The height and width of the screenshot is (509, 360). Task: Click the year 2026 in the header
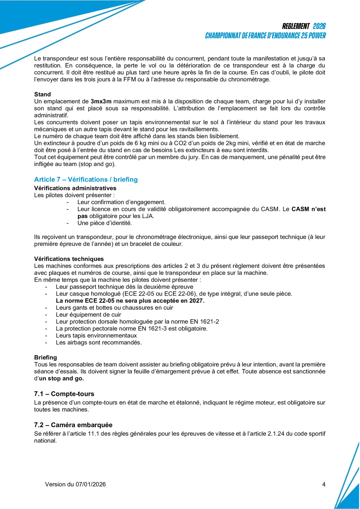(319, 26)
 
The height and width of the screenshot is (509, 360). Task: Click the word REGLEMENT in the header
(296, 26)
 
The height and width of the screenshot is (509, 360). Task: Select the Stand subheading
(42, 94)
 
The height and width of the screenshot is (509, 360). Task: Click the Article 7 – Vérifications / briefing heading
(86, 179)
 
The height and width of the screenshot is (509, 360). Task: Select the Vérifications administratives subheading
(75, 188)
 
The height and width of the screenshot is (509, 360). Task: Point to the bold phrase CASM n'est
(309, 209)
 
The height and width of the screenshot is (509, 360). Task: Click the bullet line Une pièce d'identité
(105, 223)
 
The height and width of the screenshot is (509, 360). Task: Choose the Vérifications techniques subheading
(69, 259)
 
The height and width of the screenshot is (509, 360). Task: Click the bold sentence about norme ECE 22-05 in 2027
(130, 301)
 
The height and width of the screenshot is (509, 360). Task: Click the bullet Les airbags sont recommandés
(99, 343)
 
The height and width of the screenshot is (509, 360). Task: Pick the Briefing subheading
(45, 357)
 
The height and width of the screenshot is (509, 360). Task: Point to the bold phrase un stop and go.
(62, 379)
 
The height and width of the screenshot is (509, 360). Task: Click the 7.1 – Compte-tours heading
(64, 393)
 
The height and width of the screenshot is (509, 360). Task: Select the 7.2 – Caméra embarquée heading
(73, 425)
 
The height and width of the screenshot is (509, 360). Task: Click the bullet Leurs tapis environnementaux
(96, 336)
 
